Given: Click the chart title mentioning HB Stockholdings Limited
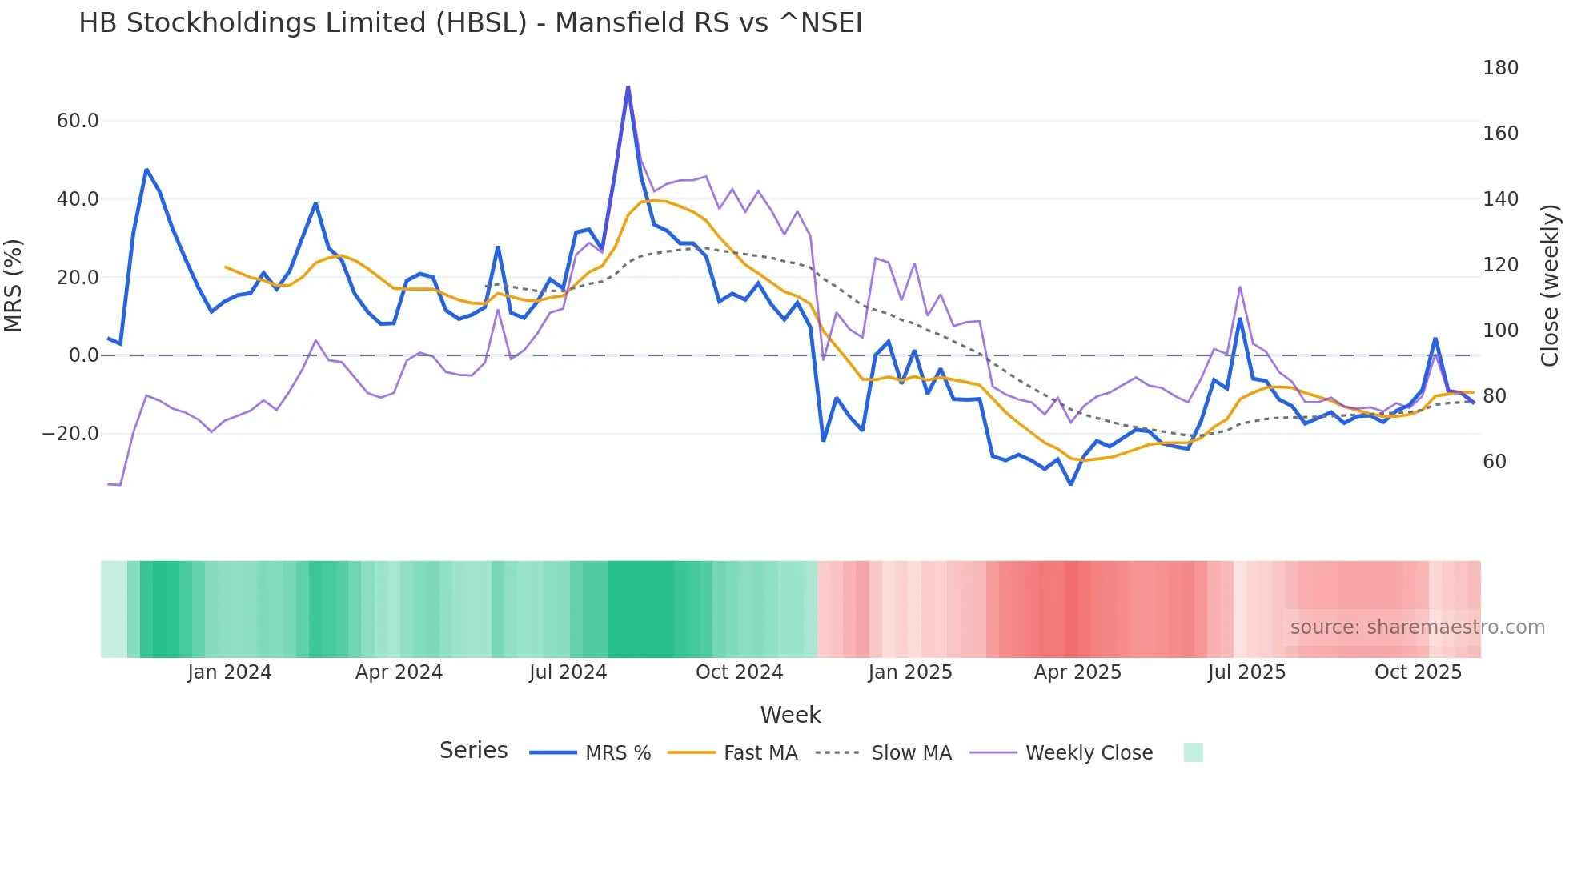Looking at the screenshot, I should pyautogui.click(x=470, y=23).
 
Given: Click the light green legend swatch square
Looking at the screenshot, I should pyautogui.click(x=1193, y=752).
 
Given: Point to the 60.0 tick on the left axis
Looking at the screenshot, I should pyautogui.click(x=78, y=121).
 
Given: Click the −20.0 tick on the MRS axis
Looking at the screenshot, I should pyautogui.click(x=70, y=434).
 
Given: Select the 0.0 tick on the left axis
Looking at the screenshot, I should pyautogui.click(x=84, y=355).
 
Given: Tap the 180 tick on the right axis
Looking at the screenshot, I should pyautogui.click(x=1500, y=68).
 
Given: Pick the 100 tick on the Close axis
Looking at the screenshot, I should pyautogui.click(x=1500, y=331).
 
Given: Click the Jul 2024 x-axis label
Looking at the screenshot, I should pyautogui.click(x=568, y=672).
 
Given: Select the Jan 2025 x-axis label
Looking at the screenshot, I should pyautogui.click(x=909, y=672).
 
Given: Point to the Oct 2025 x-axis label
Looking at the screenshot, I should pyautogui.click(x=1418, y=672).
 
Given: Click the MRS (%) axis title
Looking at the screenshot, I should pyautogui.click(x=14, y=286).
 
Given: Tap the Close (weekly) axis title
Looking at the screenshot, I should pyautogui.click(x=1551, y=286).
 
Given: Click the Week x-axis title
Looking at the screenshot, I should pyautogui.click(x=790, y=715).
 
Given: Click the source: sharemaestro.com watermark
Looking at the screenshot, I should pyautogui.click(x=1417, y=627).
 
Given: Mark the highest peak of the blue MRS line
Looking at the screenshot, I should pyautogui.click(x=628, y=87).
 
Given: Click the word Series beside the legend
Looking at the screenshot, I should pyautogui.click(x=473, y=751).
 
